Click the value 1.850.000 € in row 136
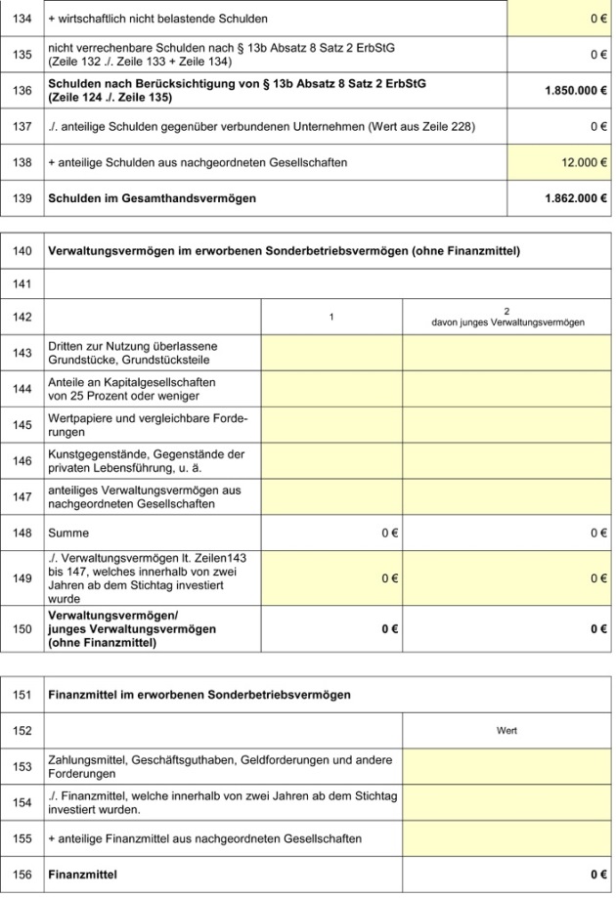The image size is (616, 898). click(576, 90)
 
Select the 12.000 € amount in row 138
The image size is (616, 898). click(585, 162)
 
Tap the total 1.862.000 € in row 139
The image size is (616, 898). click(576, 198)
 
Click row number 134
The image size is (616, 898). click(22, 19)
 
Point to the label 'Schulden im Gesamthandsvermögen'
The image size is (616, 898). click(152, 198)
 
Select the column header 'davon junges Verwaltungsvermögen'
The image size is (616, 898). click(507, 317)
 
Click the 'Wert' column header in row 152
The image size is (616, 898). click(507, 730)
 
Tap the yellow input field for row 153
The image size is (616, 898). click(507, 766)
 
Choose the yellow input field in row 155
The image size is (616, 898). click(507, 838)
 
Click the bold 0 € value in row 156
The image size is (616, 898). click(598, 875)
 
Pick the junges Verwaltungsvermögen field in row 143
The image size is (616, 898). click(507, 353)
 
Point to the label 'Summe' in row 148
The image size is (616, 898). click(68, 534)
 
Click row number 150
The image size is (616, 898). click(22, 629)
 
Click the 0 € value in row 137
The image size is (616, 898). click(598, 126)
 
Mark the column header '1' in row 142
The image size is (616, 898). click(331, 317)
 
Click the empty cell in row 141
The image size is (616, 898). click(328, 283)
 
